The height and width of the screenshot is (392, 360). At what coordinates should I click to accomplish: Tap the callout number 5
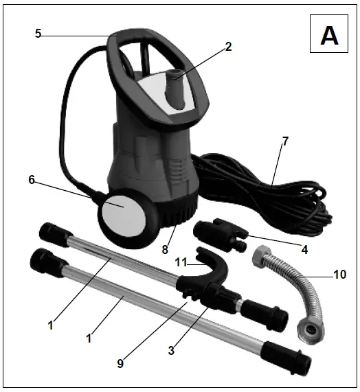pos(39,32)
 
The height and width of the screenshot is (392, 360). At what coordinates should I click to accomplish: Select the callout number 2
pos(228,47)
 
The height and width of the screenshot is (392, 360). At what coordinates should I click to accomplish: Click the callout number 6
pos(32,180)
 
